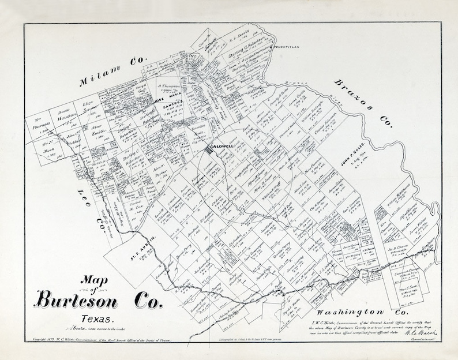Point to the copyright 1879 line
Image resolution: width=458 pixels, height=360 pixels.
click(x=101, y=342)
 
